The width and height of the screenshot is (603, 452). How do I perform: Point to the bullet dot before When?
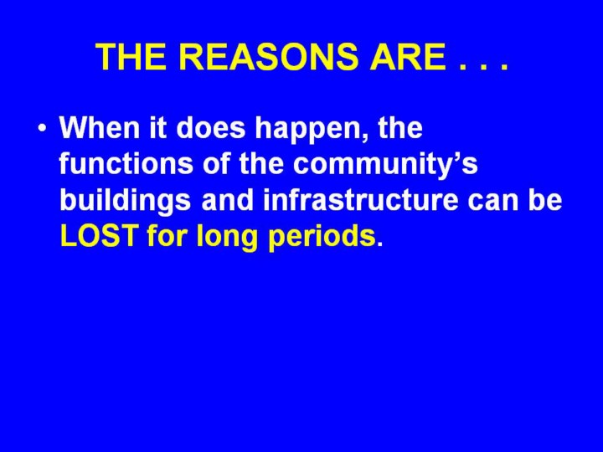pos(43,127)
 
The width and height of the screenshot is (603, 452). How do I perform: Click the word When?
pos(99,127)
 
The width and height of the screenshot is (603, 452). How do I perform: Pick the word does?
pos(211,127)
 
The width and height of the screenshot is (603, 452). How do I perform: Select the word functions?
pos(126,163)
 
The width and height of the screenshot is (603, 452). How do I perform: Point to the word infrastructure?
pos(361,200)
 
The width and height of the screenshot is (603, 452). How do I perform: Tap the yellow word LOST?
pos(99,235)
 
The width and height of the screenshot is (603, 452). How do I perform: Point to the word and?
pos(227,200)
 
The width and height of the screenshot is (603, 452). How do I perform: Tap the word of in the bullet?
pos(216,163)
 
